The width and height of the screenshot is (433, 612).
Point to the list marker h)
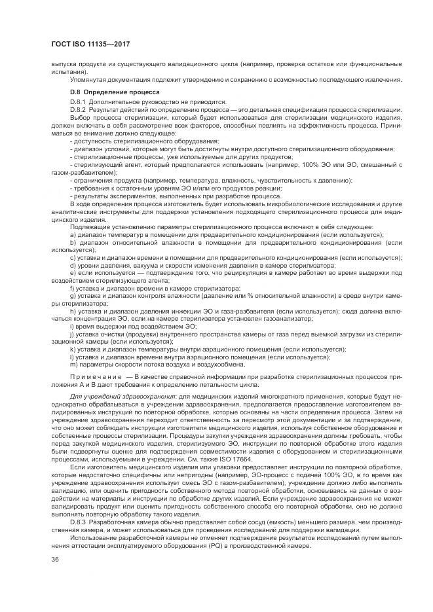73,312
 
